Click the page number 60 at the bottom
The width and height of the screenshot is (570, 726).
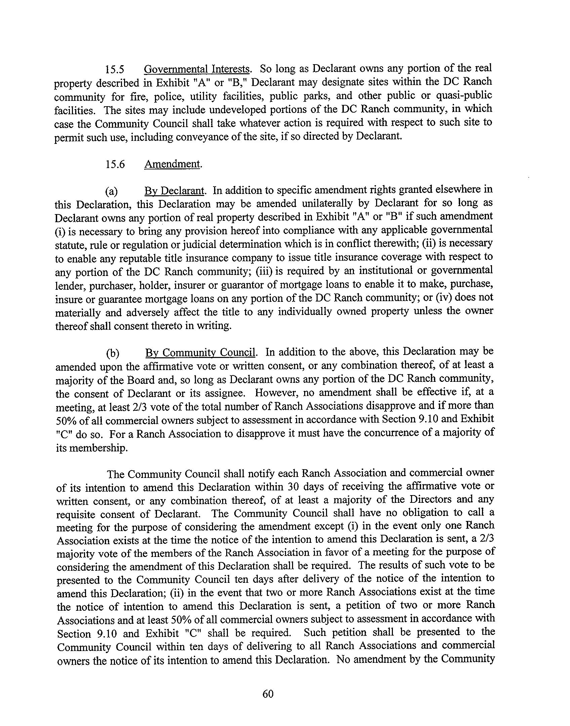point(268,694)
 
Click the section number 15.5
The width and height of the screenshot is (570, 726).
point(115,70)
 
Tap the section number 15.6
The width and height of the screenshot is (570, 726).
point(115,164)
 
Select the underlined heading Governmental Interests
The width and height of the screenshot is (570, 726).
point(197,69)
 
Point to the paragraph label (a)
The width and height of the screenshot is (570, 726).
point(111,192)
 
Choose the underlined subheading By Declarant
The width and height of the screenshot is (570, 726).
point(174,191)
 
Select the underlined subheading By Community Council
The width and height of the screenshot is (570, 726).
point(201,353)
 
